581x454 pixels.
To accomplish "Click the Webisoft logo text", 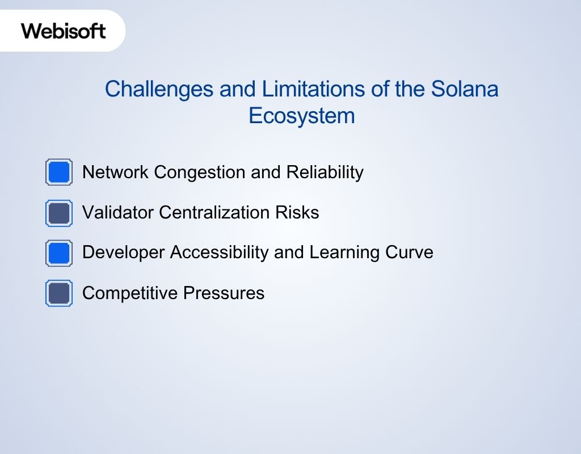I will click(x=64, y=31).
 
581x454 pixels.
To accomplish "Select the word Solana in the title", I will click(x=465, y=89).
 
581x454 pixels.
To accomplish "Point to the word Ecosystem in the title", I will click(x=301, y=116).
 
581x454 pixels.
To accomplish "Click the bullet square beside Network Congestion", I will click(x=59, y=172).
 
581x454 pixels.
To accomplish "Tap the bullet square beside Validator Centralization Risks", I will click(x=59, y=213).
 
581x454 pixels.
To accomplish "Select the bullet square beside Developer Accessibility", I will click(x=59, y=253).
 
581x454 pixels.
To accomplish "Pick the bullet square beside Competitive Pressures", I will click(x=59, y=293).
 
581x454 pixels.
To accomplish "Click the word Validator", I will click(x=118, y=213).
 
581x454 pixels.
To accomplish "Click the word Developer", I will click(x=124, y=253).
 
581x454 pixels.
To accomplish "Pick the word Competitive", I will click(x=130, y=293).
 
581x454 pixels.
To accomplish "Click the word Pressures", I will click(x=224, y=293).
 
